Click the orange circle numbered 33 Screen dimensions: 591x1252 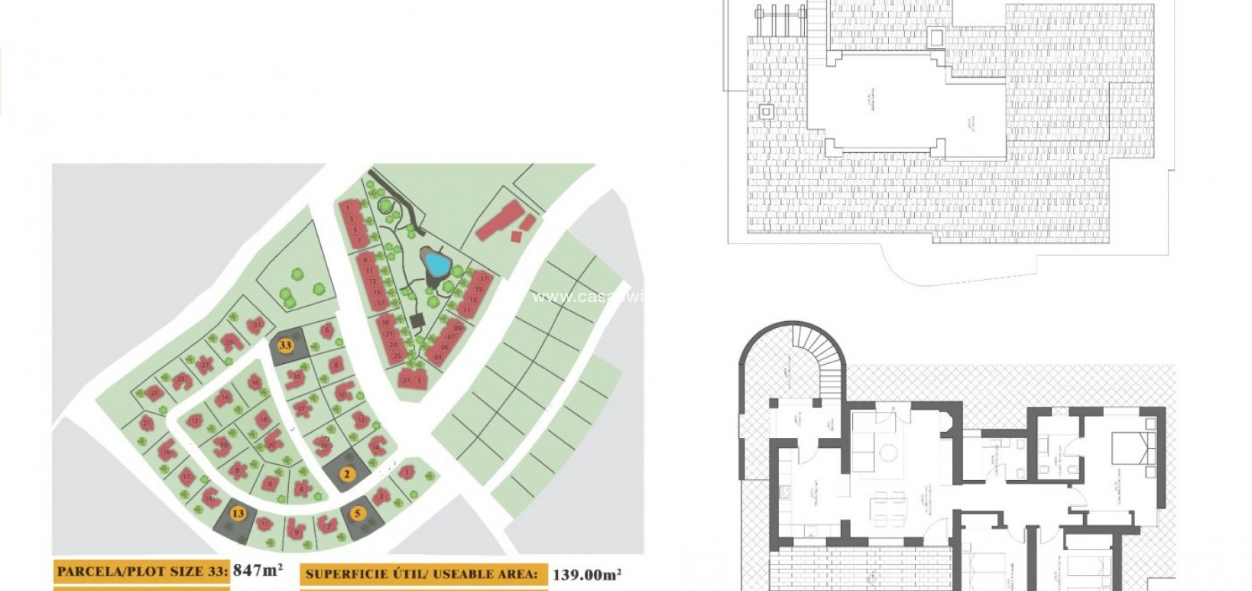[285, 345]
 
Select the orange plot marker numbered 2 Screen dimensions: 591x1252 [346, 474]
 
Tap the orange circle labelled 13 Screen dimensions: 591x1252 [238, 513]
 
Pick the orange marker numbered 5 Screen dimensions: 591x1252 [358, 513]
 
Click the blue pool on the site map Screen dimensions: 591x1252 [436, 265]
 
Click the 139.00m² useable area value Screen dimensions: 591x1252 [586, 574]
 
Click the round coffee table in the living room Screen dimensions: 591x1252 [888, 453]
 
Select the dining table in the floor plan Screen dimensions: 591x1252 [889, 508]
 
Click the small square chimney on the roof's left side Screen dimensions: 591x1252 [766, 112]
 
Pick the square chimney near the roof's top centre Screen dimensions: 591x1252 [936, 37]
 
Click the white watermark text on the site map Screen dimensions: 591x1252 [589, 297]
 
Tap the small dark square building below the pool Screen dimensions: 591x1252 [417, 320]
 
